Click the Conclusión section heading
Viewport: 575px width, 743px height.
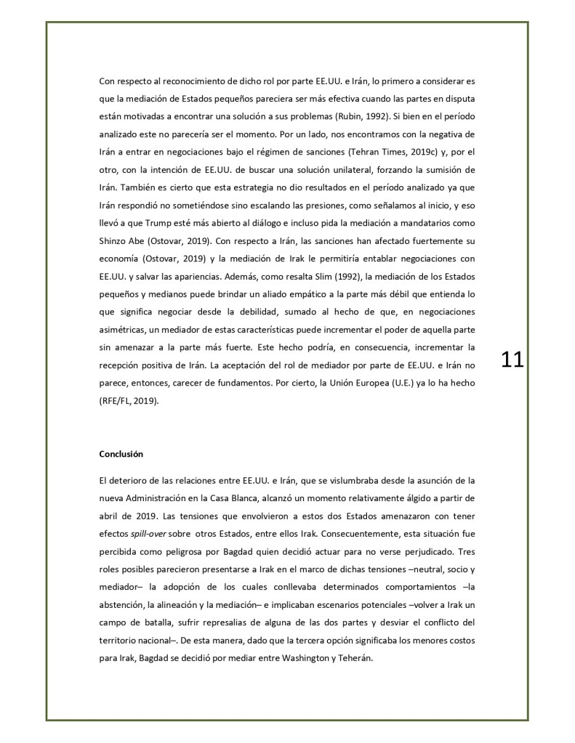pos(121,454)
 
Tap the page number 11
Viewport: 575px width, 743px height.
pos(512,360)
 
